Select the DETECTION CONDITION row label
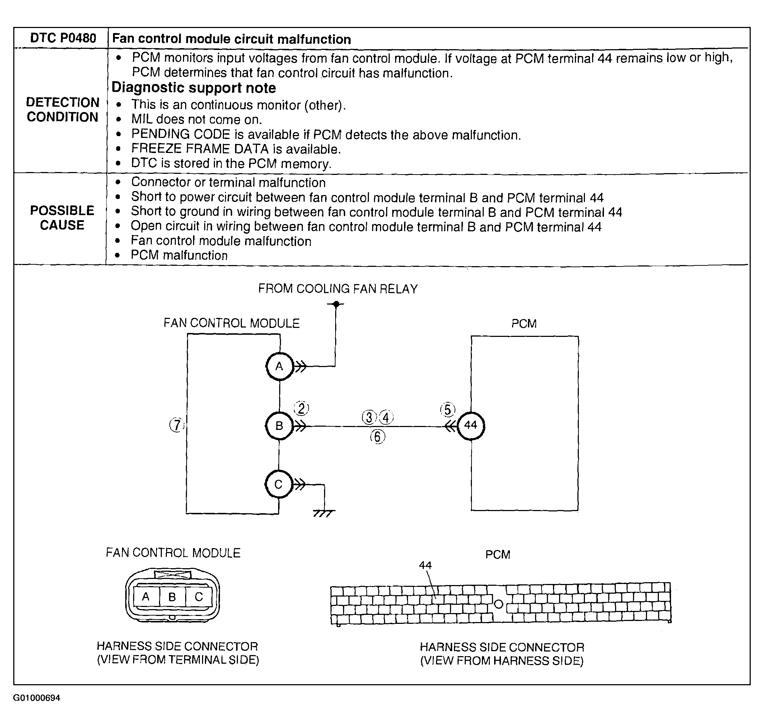pyautogui.click(x=62, y=110)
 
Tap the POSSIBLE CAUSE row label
pyautogui.click(x=62, y=218)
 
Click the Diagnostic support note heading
pyautogui.click(x=193, y=88)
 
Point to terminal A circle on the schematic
pyautogui.click(x=279, y=366)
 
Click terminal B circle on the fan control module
pyautogui.click(x=279, y=426)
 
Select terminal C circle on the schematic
pyautogui.click(x=278, y=484)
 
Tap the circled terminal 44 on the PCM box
pyautogui.click(x=470, y=425)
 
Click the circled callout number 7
pyautogui.click(x=177, y=425)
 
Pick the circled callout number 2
pyautogui.click(x=302, y=409)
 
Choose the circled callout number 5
pyautogui.click(x=447, y=410)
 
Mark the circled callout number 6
pyautogui.click(x=378, y=437)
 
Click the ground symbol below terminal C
pyautogui.click(x=324, y=513)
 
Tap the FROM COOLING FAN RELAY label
pyautogui.click(x=338, y=289)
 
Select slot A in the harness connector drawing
pyautogui.click(x=146, y=597)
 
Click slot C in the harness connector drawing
pyautogui.click(x=198, y=597)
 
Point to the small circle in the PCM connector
pyautogui.click(x=499, y=604)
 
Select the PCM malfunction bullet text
pyautogui.click(x=179, y=255)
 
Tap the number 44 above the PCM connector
pyautogui.click(x=425, y=565)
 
